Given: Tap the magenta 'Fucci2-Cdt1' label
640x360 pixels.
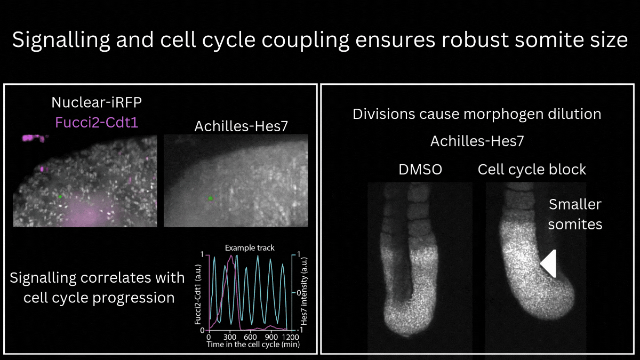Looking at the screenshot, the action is (x=97, y=123).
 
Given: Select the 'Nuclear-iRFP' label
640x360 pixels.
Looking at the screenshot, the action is (x=97, y=102).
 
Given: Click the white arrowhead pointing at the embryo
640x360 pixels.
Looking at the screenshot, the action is (x=548, y=263).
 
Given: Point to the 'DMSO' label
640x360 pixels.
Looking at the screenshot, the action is (x=420, y=170).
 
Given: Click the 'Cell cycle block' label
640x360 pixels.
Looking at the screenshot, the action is (x=532, y=170).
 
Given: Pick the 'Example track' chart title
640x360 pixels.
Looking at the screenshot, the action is (x=250, y=247).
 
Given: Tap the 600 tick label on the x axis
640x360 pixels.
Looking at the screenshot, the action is (x=250, y=337).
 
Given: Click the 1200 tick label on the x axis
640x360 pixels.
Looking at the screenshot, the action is (x=291, y=337).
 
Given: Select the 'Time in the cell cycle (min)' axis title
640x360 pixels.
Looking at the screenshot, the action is (x=253, y=345).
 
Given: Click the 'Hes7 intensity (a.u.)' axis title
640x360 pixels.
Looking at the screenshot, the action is (x=304, y=291).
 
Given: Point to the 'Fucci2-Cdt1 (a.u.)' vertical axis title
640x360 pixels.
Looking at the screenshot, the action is (x=198, y=294).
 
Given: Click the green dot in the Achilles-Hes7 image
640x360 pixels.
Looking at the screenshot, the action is (x=211, y=198).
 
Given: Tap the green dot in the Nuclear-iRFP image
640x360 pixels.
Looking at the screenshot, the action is (x=60, y=197).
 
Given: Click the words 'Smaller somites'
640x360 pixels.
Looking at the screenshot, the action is (x=575, y=214).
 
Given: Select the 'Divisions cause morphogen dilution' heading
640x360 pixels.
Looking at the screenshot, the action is (x=477, y=114).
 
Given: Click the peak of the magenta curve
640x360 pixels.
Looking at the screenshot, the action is (x=231, y=255).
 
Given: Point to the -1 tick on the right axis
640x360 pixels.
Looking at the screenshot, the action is (x=298, y=330).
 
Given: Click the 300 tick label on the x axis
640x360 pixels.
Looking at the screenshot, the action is (x=229, y=337).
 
